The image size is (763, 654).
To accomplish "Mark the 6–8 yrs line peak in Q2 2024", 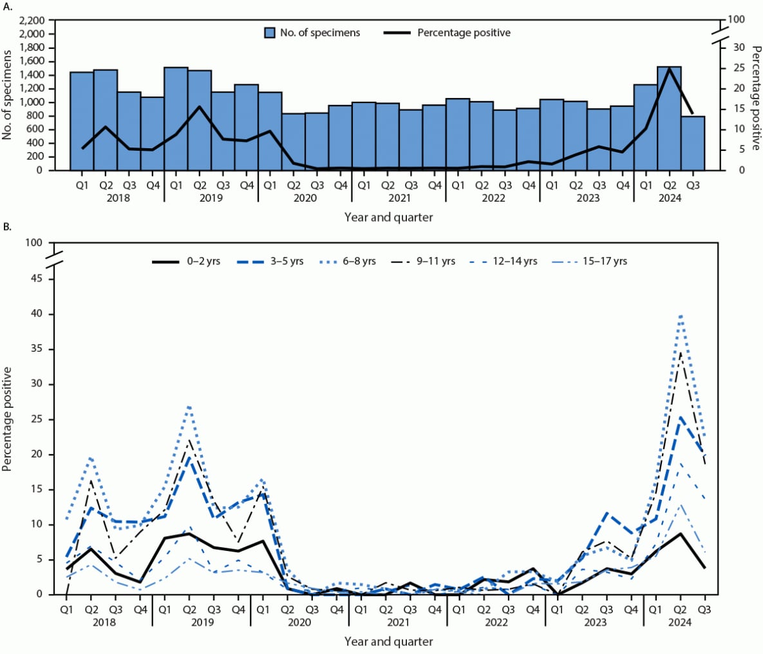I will click(x=681, y=314).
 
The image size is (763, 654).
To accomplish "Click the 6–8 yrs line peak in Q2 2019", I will click(x=189, y=406).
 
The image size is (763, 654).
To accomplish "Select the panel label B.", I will click(x=7, y=227).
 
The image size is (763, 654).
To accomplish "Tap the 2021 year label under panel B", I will click(x=398, y=622).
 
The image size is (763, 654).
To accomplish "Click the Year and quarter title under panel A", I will click(x=388, y=217).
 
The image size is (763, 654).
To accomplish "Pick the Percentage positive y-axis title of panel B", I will click(x=8, y=419).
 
